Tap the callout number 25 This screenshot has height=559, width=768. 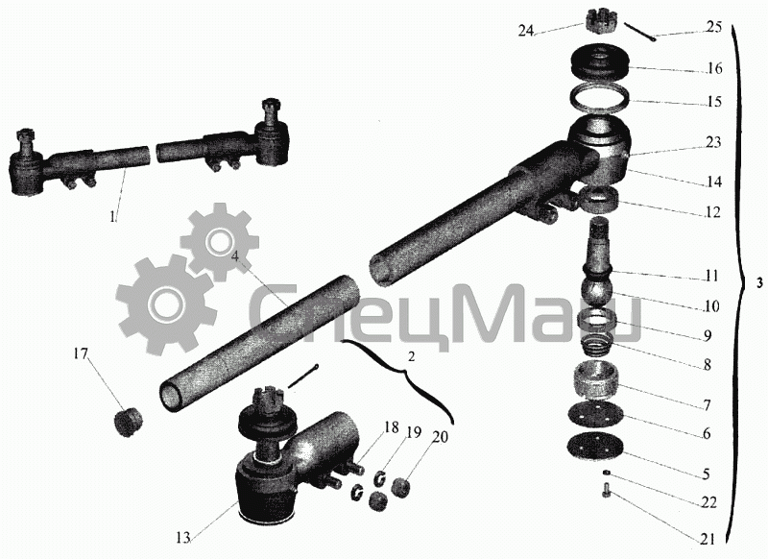point(714,26)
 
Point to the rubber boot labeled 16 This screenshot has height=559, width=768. point(601,62)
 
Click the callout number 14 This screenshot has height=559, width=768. point(713,182)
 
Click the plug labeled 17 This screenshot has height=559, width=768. point(129,423)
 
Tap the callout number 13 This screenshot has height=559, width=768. point(182,538)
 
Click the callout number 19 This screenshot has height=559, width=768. point(414,433)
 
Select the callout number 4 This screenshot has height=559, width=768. point(235,256)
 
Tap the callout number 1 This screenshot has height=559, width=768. point(113,216)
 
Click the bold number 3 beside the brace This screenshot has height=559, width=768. point(759,283)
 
